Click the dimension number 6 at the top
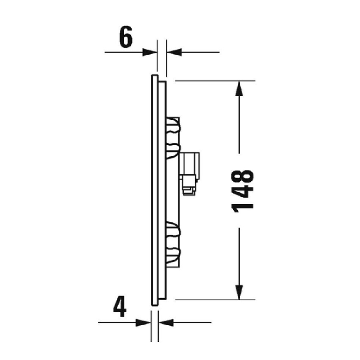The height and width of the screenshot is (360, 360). (126, 38)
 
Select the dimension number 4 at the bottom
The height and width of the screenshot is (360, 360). (120, 308)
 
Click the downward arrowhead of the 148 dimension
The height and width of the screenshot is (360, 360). (239, 292)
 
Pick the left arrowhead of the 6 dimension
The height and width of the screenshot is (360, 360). (150, 52)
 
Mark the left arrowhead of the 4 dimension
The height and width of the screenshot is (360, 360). (144, 322)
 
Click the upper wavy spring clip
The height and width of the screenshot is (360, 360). (174, 138)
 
